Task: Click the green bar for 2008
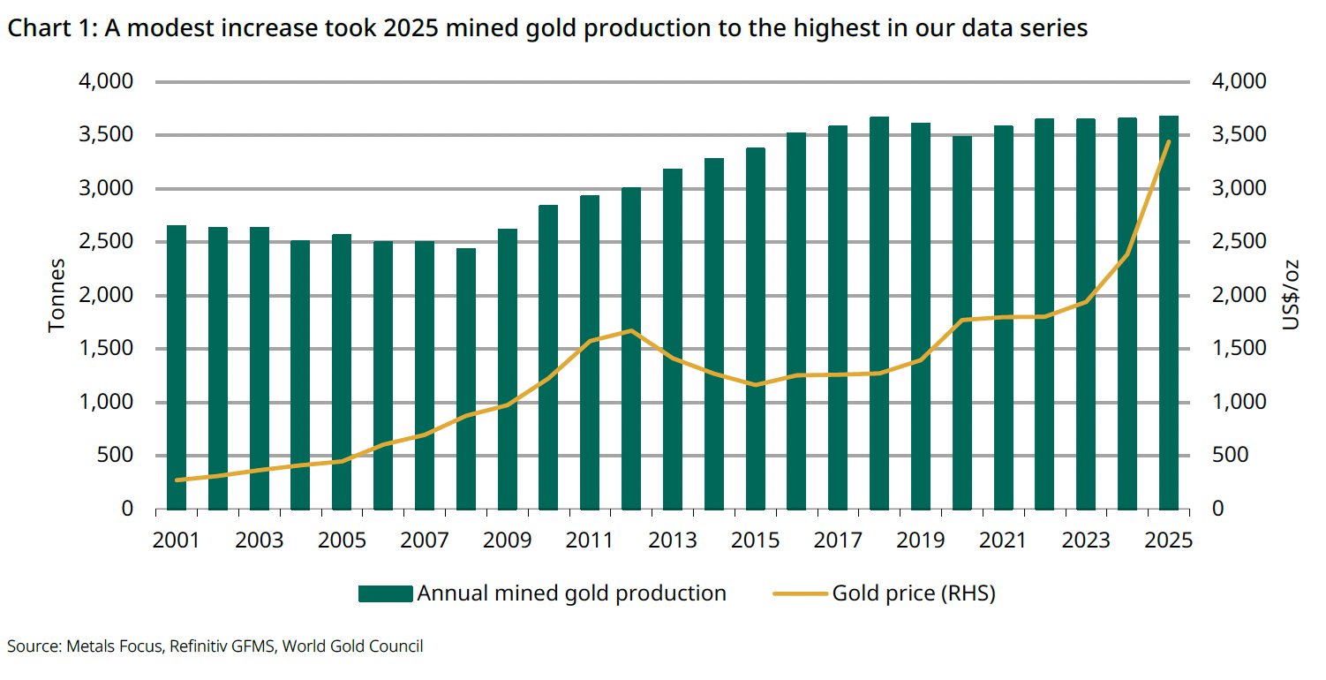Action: coord(466,379)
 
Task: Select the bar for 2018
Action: coord(879,314)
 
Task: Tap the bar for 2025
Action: coord(1169,313)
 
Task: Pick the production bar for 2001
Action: coord(177,367)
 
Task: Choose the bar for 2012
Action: coord(631,349)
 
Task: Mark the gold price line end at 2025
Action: coord(1169,141)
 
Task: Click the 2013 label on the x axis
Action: coord(673,540)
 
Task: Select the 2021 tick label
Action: coord(1004,540)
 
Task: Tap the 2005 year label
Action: coord(342,540)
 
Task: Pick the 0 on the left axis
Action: coord(128,510)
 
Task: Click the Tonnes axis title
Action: coord(57,295)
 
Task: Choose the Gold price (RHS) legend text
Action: coord(914,593)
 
